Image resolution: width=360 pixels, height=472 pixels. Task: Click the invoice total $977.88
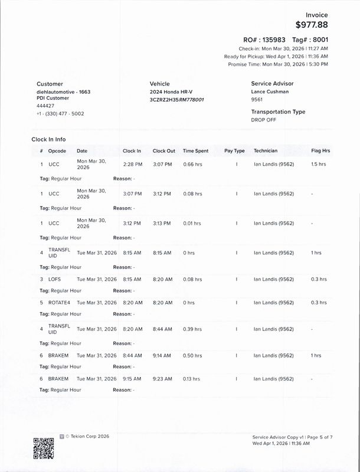pos(312,25)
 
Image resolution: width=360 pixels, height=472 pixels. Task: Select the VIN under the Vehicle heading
pos(177,100)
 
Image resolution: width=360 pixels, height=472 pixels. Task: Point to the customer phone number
pos(60,113)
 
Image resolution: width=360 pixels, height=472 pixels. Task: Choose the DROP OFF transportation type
pos(263,119)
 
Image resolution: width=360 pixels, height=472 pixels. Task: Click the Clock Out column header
pos(163,151)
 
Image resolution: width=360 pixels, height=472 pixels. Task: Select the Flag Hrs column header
pos(320,151)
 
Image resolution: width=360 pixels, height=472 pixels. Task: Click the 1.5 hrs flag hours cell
pos(318,164)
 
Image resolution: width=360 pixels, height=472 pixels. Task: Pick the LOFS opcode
pos(54,279)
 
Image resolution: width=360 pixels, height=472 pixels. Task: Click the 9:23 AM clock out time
pos(162,379)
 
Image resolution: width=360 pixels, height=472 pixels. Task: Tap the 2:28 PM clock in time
pos(132,164)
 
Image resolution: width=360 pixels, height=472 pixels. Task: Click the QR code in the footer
pos(42,446)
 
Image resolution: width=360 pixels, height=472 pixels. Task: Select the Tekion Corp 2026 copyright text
pos(87,436)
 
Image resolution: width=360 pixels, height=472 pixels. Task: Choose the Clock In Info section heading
pos(48,139)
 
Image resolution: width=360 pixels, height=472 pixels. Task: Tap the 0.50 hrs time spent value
pos(192,356)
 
